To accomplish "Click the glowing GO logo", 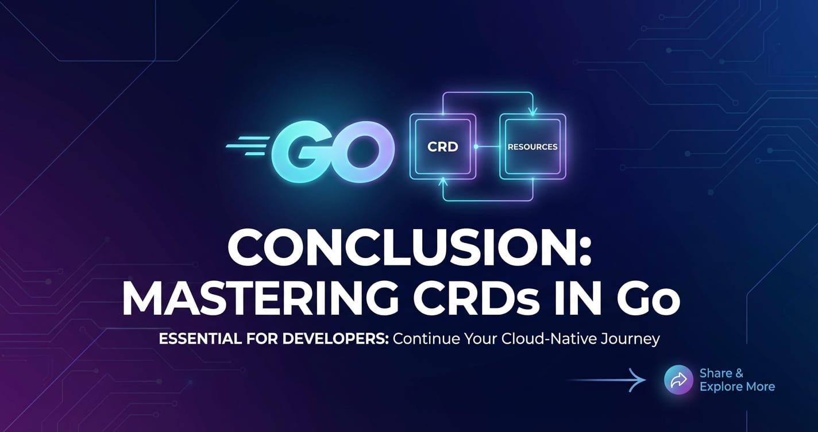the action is (332, 152).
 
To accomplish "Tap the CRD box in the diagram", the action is (442, 146).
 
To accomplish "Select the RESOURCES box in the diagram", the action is (533, 146).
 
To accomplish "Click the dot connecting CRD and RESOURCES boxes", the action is (476, 146).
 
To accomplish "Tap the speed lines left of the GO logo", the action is (247, 146).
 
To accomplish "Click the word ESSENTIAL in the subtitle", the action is (200, 339).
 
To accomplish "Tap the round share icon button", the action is (678, 380).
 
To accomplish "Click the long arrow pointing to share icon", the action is (606, 380).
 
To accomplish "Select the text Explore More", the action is (737, 387).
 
